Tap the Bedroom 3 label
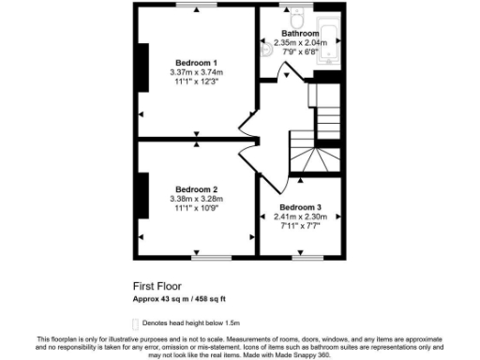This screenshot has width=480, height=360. (x=301, y=207)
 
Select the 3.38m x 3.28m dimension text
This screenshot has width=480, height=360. (x=196, y=199)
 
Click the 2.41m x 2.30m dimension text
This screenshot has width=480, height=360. (x=301, y=217)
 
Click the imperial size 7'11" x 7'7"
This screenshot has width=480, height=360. (x=301, y=226)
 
